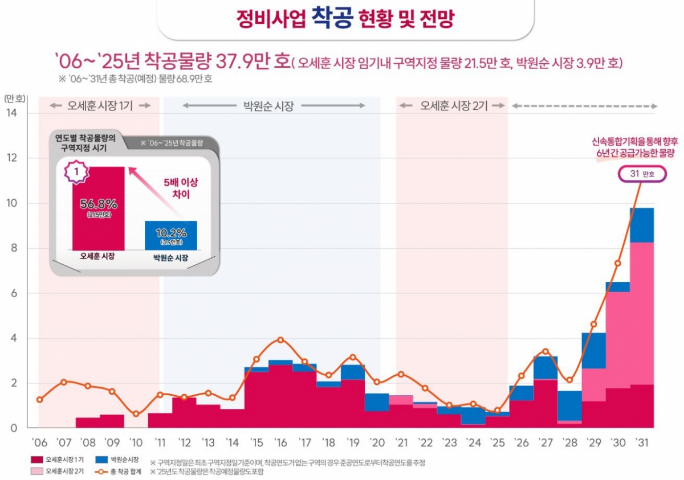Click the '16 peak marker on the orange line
(x=280, y=340)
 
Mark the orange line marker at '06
(x=39, y=400)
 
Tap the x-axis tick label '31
(x=642, y=442)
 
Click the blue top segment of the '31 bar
(x=642, y=225)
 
